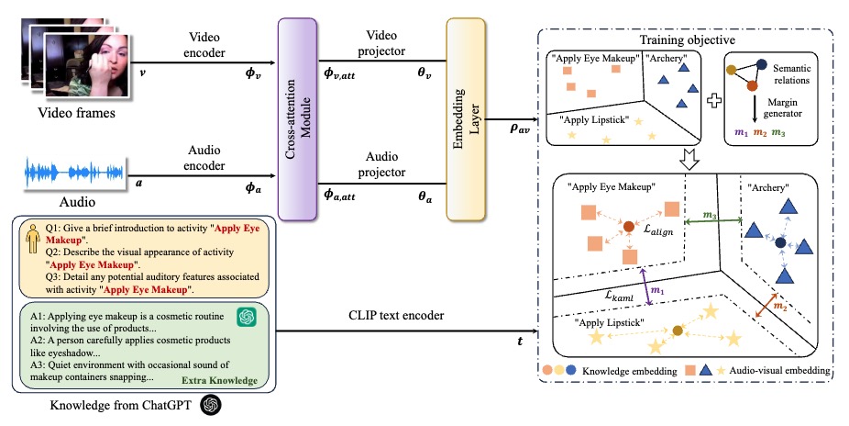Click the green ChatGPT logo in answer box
pyautogui.click(x=246, y=317)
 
